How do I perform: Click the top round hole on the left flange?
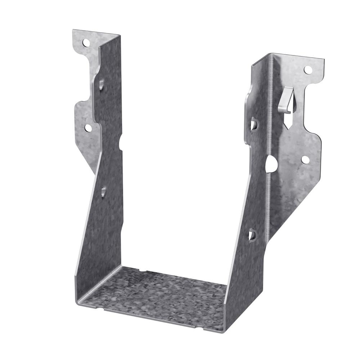click(x=86, y=43)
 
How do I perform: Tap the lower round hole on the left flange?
click(x=87, y=127)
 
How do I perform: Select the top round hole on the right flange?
click(x=307, y=69)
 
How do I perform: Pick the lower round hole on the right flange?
click(x=305, y=159)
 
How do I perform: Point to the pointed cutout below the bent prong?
click(x=288, y=121)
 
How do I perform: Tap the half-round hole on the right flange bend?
click(x=270, y=164)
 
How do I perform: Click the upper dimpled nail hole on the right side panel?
click(x=254, y=125)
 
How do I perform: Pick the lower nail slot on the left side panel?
click(x=104, y=191)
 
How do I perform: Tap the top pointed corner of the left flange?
click(x=73, y=30)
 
